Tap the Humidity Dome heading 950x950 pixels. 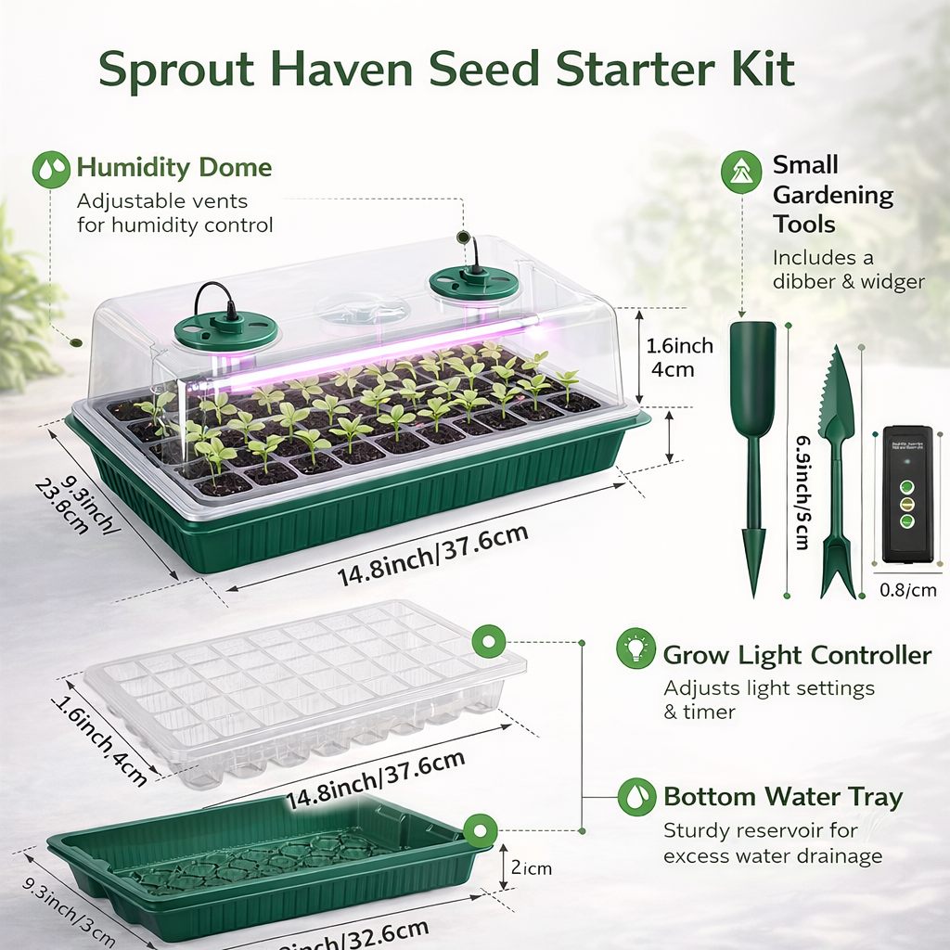(x=173, y=168)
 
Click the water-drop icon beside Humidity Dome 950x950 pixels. (x=51, y=170)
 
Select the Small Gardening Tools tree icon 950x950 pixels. (x=740, y=173)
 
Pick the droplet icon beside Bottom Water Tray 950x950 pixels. (x=635, y=797)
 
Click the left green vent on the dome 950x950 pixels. (x=226, y=327)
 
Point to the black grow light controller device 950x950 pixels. (x=906, y=494)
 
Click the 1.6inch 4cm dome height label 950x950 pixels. (x=680, y=357)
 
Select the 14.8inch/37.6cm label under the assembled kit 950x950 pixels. (x=432, y=556)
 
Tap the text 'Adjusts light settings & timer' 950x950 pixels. (x=768, y=700)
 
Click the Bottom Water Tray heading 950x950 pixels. (x=782, y=797)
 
